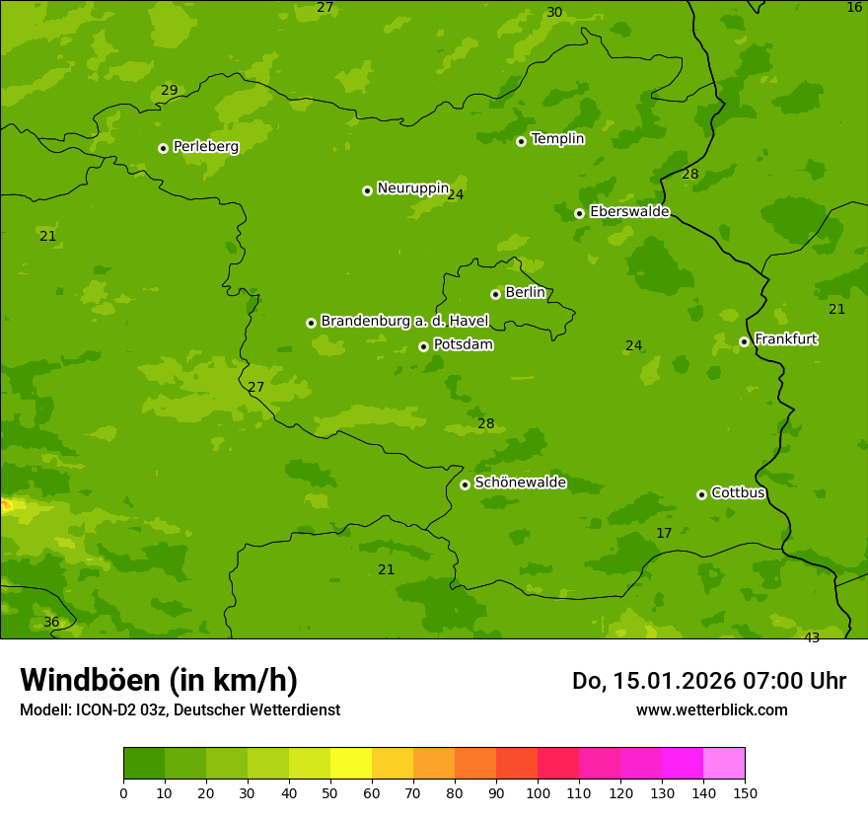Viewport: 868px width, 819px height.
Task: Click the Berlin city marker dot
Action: tap(495, 294)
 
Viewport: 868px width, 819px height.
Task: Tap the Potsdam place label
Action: tap(463, 345)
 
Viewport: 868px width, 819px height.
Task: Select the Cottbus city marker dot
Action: tap(701, 494)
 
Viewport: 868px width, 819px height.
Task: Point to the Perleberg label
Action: tap(205, 147)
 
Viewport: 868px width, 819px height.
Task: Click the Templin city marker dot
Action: tap(521, 141)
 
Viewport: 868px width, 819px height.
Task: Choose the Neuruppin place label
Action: tap(412, 188)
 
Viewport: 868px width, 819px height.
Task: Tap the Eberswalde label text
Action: tap(629, 212)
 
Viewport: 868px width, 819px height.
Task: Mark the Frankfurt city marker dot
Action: tap(744, 341)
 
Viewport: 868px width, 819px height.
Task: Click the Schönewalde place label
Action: tap(520, 483)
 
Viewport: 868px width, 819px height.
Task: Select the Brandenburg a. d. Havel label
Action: tap(404, 321)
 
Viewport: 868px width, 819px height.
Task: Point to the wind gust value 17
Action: tap(664, 533)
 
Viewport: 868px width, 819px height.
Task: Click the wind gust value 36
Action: tap(51, 623)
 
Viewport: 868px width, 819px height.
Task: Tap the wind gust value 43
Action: tap(812, 637)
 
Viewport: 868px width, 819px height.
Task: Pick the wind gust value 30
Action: tap(554, 13)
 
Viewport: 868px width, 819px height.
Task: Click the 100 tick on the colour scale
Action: tap(538, 792)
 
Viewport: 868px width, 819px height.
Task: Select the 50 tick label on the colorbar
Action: tap(330, 792)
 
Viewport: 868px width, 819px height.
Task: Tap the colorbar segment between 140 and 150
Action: tap(724, 764)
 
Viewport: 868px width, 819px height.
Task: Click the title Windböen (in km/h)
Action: tap(159, 680)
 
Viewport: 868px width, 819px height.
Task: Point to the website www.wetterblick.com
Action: tap(711, 709)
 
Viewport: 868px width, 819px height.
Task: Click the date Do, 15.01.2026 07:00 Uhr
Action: tap(708, 681)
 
